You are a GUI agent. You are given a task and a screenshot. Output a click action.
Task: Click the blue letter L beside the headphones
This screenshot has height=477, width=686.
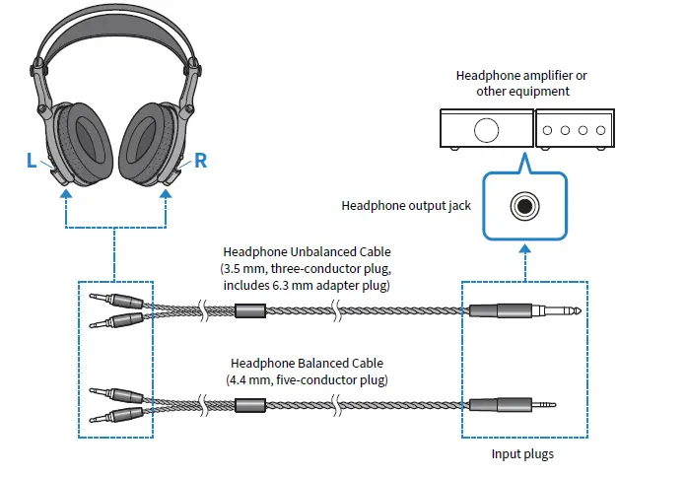pyautogui.click(x=32, y=161)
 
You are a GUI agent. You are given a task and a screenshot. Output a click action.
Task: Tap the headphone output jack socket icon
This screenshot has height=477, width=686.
pyautogui.click(x=523, y=206)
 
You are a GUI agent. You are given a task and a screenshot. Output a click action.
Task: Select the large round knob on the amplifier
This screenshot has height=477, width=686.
pyautogui.click(x=486, y=130)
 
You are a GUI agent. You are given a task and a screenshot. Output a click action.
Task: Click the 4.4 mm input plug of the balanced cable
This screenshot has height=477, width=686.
pyautogui.click(x=513, y=404)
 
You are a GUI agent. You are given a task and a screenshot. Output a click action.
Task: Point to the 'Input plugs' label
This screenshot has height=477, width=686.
pyautogui.click(x=523, y=455)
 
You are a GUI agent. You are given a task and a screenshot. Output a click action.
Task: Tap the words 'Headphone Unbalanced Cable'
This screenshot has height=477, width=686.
pyautogui.click(x=306, y=251)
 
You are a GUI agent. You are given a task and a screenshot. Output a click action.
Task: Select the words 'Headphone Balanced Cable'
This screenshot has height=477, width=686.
pyautogui.click(x=306, y=362)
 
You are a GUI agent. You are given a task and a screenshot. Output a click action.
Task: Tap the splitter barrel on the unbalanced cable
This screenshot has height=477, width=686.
pyautogui.click(x=250, y=313)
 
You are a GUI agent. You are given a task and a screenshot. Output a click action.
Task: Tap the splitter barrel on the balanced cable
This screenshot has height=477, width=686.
pyautogui.click(x=250, y=404)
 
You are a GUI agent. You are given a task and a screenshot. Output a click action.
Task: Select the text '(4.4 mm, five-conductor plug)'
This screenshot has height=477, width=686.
pyautogui.click(x=306, y=379)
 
